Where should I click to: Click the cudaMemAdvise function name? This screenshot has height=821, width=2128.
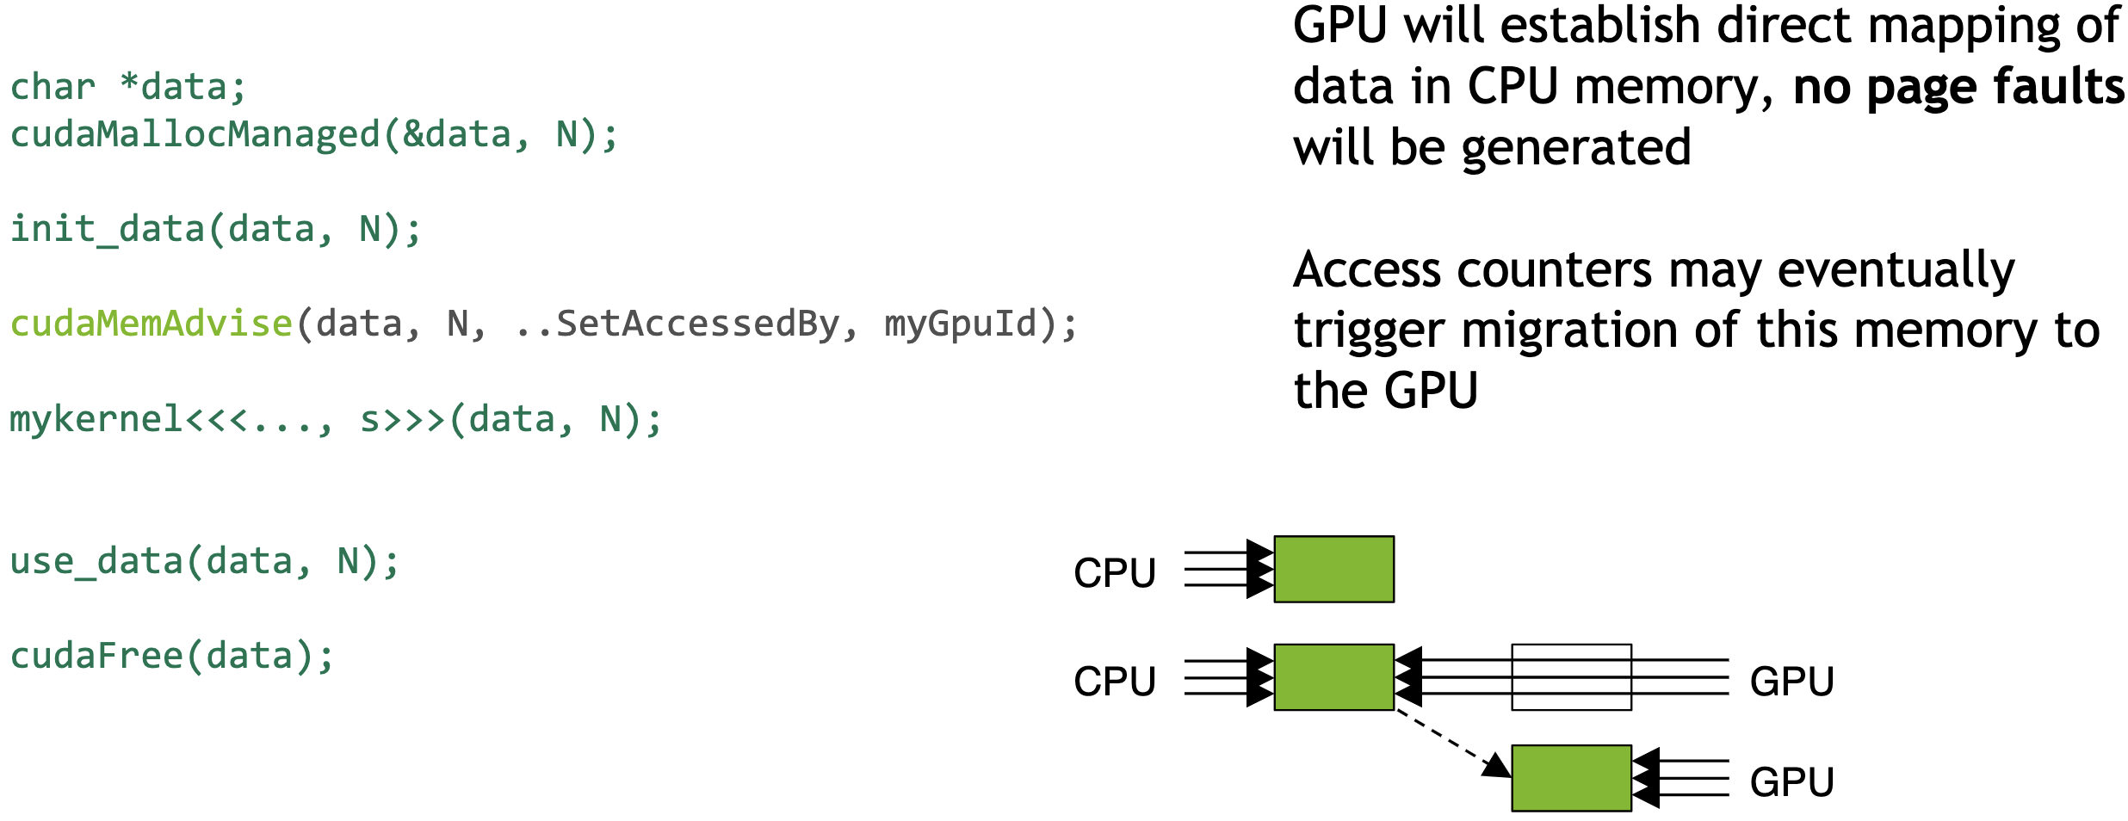[x=152, y=324]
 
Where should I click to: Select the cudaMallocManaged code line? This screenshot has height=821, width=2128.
[x=313, y=135]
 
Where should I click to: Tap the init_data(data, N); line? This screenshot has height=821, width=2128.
[x=215, y=230]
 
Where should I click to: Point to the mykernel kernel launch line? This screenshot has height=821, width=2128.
[x=336, y=420]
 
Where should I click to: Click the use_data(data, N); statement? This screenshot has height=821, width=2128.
[x=205, y=562]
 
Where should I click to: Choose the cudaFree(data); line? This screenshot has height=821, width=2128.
[x=172, y=657]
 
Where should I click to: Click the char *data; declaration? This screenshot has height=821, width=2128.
[x=128, y=88]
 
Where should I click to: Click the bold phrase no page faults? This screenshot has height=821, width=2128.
[x=1958, y=88]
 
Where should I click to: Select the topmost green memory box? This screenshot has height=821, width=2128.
[x=1333, y=569]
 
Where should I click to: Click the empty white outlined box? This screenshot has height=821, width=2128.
[x=1571, y=677]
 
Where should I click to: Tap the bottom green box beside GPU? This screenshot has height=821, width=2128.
[x=1571, y=778]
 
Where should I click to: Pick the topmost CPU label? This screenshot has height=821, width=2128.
[x=1114, y=573]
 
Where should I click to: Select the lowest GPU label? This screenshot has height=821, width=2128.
[x=1791, y=782]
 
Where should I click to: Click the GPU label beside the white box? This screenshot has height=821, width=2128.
[x=1791, y=682]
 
